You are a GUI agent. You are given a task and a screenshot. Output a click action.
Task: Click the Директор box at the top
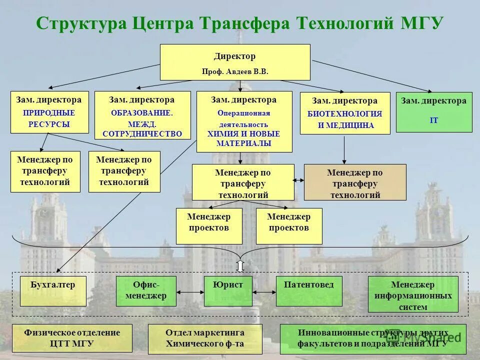[235, 62]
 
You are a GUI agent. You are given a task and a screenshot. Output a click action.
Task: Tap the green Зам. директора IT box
[433, 112]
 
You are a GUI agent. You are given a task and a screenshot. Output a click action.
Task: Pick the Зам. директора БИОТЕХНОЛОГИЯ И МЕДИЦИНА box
[345, 113]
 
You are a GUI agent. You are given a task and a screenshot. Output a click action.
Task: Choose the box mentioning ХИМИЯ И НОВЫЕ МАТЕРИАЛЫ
[244, 121]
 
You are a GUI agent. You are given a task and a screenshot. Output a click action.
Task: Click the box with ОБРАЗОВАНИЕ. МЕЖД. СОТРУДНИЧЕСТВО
[142, 115]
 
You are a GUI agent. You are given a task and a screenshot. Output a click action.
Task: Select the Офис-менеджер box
[146, 290]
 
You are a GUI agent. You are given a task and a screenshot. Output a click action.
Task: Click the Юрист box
[228, 290]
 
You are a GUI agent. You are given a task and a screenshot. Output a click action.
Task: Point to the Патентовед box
[309, 290]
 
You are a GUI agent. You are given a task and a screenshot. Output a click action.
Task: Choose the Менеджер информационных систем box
[413, 295]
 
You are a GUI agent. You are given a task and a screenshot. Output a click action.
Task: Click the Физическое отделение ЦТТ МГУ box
[72, 338]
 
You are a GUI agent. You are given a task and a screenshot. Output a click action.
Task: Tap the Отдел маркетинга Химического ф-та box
[205, 338]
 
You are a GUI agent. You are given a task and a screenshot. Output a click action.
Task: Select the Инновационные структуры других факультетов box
[373, 338]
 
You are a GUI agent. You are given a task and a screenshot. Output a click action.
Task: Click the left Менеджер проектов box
[209, 226]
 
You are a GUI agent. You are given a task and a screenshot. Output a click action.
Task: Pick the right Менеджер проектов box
[289, 226]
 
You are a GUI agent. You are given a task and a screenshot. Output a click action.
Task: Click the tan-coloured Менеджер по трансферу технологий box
[355, 182]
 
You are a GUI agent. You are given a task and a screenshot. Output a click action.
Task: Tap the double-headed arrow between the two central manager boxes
[299, 180]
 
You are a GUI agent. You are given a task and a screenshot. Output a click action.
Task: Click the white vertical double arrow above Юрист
[240, 266]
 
